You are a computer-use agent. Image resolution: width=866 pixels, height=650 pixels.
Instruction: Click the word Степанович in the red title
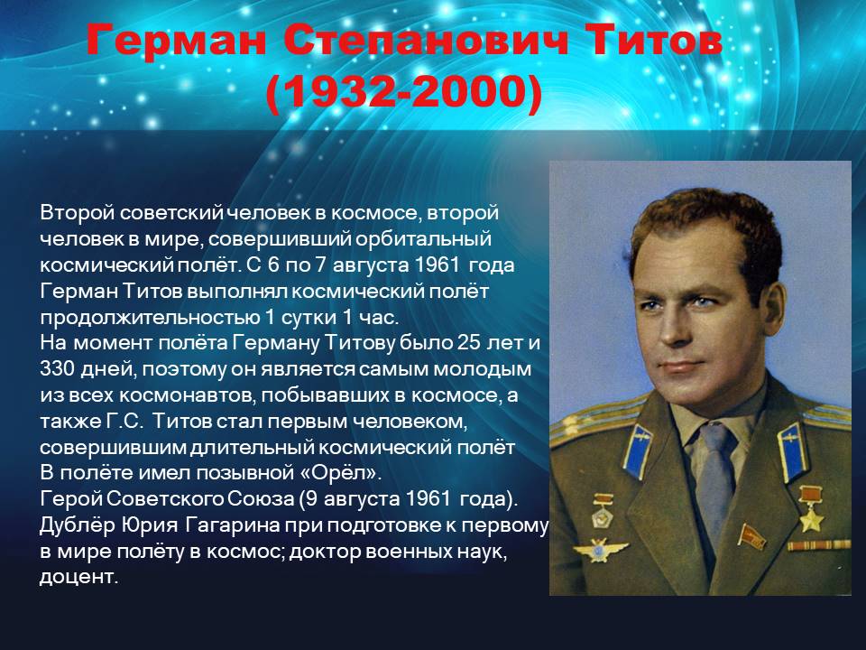tap(426, 41)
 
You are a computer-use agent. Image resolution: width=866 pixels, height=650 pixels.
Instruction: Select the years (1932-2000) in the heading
tap(404, 91)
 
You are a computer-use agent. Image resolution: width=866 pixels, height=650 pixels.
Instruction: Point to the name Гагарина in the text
tap(232, 525)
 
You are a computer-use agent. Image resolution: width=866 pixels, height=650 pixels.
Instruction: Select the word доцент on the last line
tap(79, 577)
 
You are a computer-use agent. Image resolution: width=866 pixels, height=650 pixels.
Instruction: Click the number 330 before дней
tap(57, 368)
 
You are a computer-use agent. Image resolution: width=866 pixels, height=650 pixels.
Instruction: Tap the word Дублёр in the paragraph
tap(77, 525)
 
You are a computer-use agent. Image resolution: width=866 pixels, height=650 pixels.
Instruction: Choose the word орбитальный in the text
tap(423, 239)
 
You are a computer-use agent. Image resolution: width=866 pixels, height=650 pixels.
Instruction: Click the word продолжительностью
tap(150, 318)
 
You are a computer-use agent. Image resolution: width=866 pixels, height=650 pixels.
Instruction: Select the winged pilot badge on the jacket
tap(601, 551)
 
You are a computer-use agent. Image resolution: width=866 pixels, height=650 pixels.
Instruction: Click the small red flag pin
tap(751, 536)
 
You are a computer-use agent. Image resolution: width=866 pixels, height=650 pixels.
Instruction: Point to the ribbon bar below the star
tap(819, 546)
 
